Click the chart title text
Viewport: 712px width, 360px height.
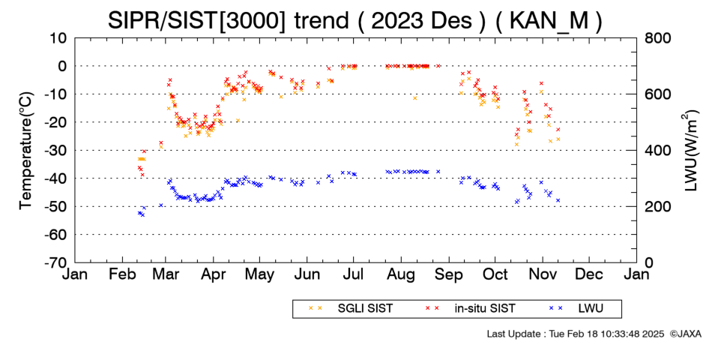coord(355,20)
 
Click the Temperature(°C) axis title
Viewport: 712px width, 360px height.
coord(26,151)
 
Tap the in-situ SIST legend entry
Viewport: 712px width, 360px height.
coord(471,309)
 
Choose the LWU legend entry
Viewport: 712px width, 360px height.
coord(576,309)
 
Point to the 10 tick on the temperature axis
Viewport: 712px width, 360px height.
coord(58,38)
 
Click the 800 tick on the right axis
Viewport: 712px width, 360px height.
coord(657,38)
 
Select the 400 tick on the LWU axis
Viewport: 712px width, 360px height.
coord(657,151)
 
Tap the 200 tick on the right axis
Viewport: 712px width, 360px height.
coord(657,207)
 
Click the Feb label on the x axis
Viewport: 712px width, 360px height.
coord(122,274)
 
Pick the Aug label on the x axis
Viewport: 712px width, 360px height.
coord(401,275)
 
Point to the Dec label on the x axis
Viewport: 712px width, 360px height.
coord(589,274)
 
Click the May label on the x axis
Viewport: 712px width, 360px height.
coord(259,275)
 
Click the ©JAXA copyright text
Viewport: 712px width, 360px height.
coord(685,334)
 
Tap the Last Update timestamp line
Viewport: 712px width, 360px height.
coord(576,334)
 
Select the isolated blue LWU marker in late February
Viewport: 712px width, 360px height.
coord(160,205)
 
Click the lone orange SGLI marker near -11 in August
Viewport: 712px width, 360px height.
coord(414,97)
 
